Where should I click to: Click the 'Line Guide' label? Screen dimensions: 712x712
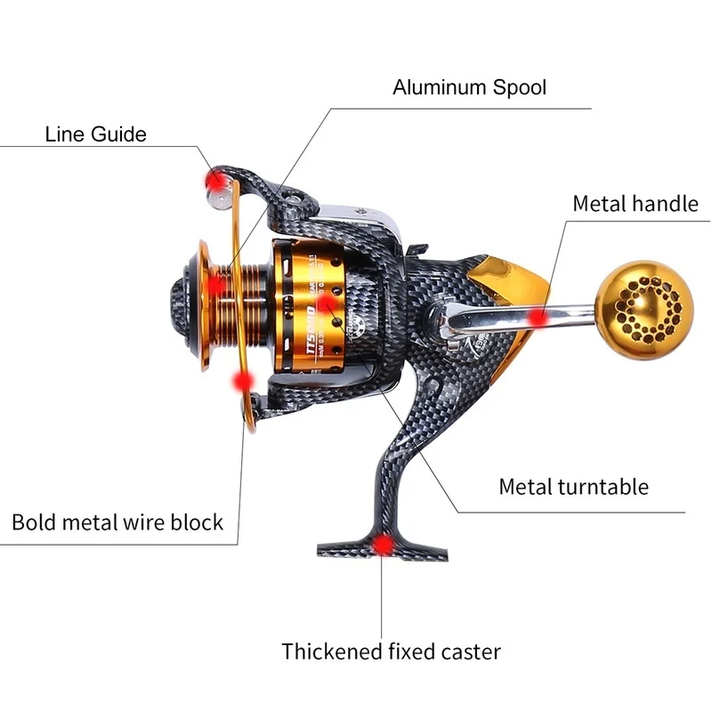pyautogui.click(x=95, y=134)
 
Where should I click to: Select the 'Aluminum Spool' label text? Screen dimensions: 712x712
pyautogui.click(x=470, y=87)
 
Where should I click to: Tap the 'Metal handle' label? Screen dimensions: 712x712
pyautogui.click(x=635, y=203)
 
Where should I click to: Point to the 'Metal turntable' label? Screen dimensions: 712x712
pyautogui.click(x=573, y=487)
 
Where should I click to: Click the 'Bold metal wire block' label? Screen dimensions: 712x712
pyautogui.click(x=117, y=521)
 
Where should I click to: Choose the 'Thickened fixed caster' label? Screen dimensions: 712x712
pyautogui.click(x=391, y=651)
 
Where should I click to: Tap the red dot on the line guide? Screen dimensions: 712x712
pyautogui.click(x=214, y=181)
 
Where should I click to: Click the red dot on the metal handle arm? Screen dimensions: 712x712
pyautogui.click(x=537, y=318)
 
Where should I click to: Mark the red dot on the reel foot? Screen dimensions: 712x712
pyautogui.click(x=384, y=543)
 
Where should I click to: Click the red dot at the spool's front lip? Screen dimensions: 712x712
pyautogui.click(x=219, y=285)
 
